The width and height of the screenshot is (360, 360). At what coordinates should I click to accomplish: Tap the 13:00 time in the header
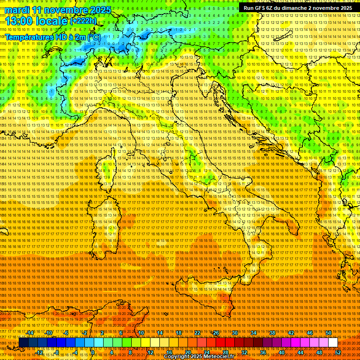[19, 21]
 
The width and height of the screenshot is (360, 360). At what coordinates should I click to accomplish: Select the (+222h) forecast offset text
[84, 21]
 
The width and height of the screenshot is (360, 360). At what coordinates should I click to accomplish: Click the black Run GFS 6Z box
[298, 8]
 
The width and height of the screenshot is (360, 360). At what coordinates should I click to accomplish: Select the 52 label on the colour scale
[338, 352]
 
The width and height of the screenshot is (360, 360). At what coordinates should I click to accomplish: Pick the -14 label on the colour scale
[30, 333]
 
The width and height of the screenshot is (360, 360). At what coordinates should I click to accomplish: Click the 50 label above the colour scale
[329, 333]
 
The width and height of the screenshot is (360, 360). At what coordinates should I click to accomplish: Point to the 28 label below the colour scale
[225, 352]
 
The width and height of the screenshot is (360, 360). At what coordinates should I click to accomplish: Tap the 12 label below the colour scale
[150, 352]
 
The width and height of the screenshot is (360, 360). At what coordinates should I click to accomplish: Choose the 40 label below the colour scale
[281, 352]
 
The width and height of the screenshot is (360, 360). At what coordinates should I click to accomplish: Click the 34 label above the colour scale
[254, 333]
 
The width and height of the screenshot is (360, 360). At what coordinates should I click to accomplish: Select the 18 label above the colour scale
[178, 333]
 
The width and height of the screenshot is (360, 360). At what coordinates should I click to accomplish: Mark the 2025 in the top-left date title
[100, 10]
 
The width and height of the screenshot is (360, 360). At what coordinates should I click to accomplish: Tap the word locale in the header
[52, 21]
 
